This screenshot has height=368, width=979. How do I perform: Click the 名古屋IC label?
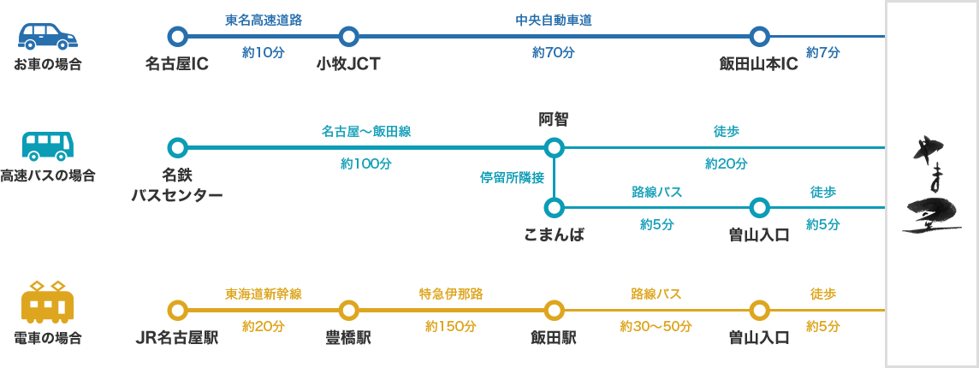[x=177, y=64]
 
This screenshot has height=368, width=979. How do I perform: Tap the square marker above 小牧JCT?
[x=348, y=36]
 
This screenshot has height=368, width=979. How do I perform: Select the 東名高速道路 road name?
[x=263, y=20]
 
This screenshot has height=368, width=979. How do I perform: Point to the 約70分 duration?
[x=553, y=51]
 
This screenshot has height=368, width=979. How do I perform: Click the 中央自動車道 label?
[x=554, y=20]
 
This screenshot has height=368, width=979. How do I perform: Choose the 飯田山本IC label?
[x=759, y=64]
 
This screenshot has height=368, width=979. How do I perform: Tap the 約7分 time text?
[x=823, y=51]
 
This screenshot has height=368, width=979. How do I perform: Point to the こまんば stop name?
[x=554, y=234]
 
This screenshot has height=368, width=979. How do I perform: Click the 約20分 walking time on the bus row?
[x=726, y=163]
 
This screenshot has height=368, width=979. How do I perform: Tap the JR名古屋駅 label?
[x=177, y=337]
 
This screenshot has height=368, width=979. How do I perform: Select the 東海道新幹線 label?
[x=263, y=294]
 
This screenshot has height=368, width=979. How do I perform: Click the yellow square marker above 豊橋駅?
[x=348, y=310]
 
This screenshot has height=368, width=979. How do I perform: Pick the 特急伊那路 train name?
[x=451, y=294]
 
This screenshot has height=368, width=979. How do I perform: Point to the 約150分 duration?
[x=451, y=325]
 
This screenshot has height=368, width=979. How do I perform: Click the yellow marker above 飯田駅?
[x=554, y=310]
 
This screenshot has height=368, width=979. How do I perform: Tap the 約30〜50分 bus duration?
[x=656, y=325]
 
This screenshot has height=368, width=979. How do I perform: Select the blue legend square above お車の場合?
[x=48, y=36]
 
